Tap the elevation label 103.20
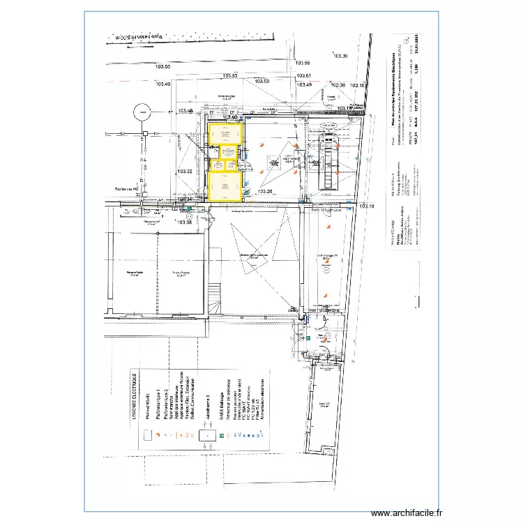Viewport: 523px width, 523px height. [x=265, y=192]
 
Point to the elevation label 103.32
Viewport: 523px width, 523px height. [x=184, y=172]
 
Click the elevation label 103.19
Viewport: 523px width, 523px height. [x=367, y=206]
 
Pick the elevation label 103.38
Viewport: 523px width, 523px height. [x=184, y=222]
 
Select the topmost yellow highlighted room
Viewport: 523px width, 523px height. [x=225, y=134]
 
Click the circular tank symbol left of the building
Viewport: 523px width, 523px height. [x=142, y=109]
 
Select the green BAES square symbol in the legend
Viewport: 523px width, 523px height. [x=221, y=436]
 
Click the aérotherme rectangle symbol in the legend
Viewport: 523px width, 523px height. [x=208, y=436]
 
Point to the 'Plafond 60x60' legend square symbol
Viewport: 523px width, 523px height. [x=148, y=436]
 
